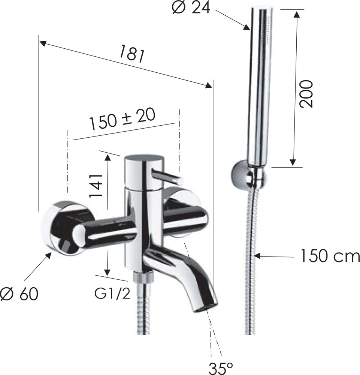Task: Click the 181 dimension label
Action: pyautogui.click(x=132, y=54)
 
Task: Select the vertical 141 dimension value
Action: pyautogui.click(x=96, y=186)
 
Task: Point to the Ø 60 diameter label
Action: pyautogui.click(x=19, y=294)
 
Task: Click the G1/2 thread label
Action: pyautogui.click(x=112, y=294)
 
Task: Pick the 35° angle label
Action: pyautogui.click(x=221, y=368)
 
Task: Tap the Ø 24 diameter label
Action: pyautogui.click(x=191, y=7)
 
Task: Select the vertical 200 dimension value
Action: pyautogui.click(x=306, y=94)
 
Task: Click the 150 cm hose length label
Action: pyautogui.click(x=330, y=256)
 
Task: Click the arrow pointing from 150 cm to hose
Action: pyautogui.click(x=274, y=256)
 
